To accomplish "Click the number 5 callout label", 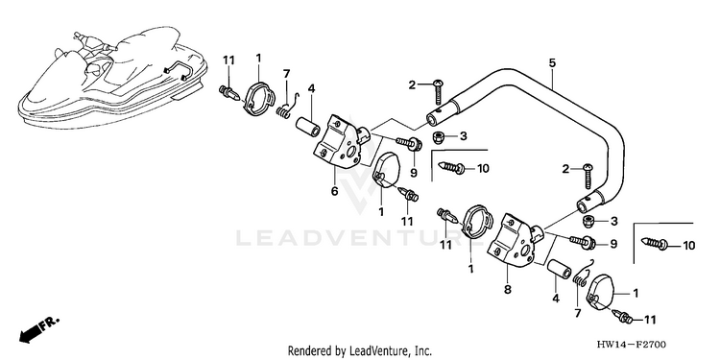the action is (x=552, y=63).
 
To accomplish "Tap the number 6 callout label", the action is (x=334, y=191).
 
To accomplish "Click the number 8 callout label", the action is (x=508, y=290).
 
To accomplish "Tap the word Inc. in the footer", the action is (x=422, y=351).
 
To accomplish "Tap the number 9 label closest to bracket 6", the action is (x=413, y=174).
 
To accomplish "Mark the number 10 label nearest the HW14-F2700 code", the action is (x=688, y=246).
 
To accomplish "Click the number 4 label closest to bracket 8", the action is (x=556, y=299).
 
